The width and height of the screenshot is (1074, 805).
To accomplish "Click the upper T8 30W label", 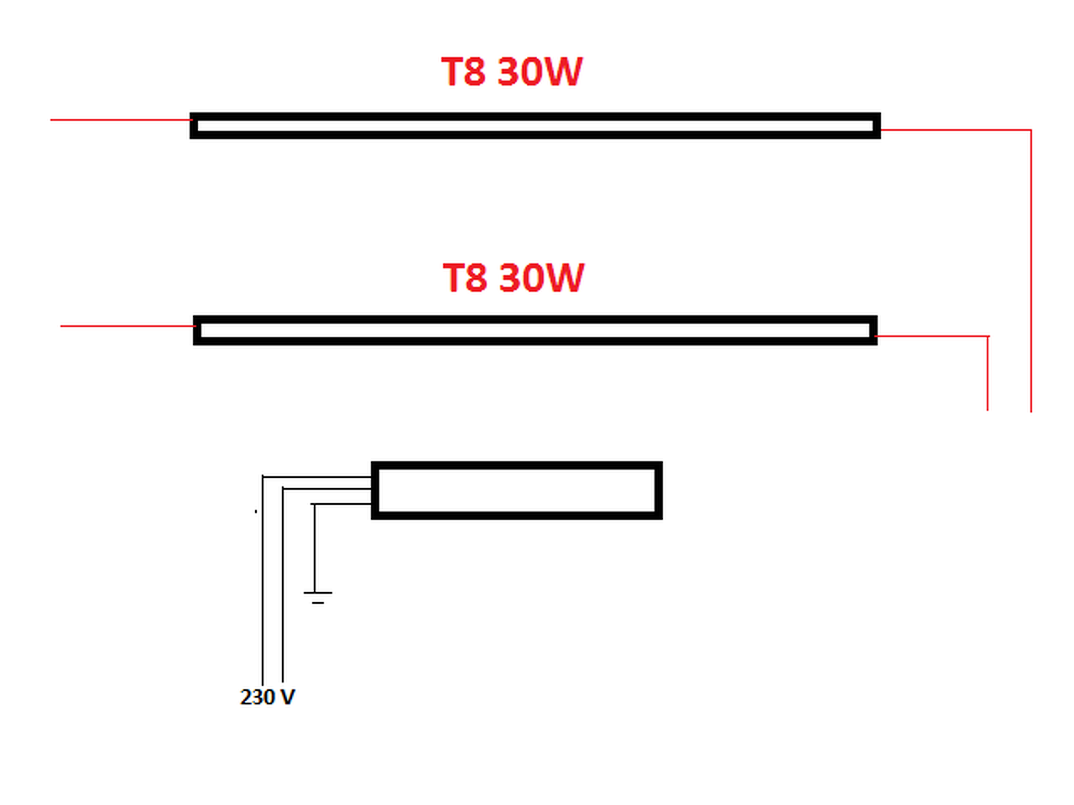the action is pyautogui.click(x=511, y=72).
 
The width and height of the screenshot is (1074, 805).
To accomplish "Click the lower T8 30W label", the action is pyautogui.click(x=513, y=278).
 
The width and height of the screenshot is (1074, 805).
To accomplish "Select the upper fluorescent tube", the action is pyautogui.click(x=534, y=126).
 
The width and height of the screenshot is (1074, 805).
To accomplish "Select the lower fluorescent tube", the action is pyautogui.click(x=534, y=330).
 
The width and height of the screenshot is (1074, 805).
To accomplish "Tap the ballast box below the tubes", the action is pyautogui.click(x=516, y=491).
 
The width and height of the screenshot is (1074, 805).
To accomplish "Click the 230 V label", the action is pyautogui.click(x=268, y=697).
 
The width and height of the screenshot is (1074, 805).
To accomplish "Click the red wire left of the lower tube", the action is pyautogui.click(x=127, y=325).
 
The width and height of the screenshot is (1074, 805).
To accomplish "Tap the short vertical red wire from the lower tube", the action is pyautogui.click(x=988, y=373).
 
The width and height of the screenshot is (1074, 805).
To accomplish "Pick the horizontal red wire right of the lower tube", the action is pyautogui.click(x=931, y=336).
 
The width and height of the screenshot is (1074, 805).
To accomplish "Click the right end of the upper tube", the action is pyautogui.click(x=875, y=126).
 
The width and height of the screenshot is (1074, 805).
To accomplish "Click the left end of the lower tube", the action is pyautogui.click(x=199, y=330).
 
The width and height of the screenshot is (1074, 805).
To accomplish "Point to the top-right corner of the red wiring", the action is pyautogui.click(x=1030, y=131).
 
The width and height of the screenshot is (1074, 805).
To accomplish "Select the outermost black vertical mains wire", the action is pyautogui.click(x=263, y=587).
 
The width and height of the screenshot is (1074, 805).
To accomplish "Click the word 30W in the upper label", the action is pyautogui.click(x=540, y=72).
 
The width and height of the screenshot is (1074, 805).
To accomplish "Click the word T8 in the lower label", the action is pyautogui.click(x=464, y=278).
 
